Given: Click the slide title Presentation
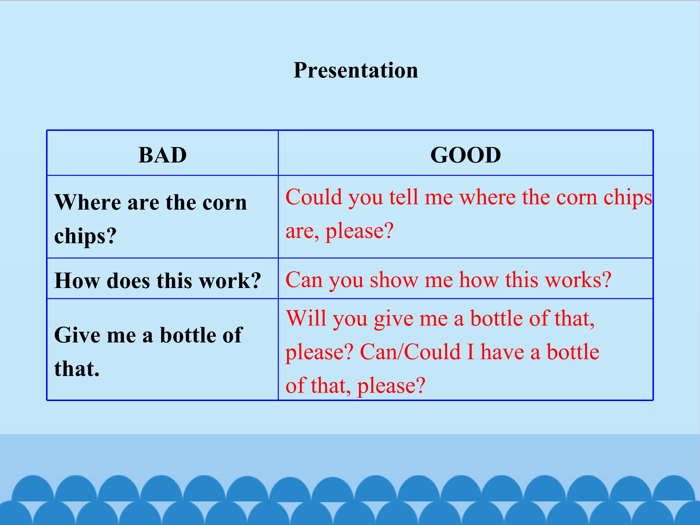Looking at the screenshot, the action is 356,70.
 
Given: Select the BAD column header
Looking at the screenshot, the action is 163,155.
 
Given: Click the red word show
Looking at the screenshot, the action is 394,280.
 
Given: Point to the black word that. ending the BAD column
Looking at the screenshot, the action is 77,369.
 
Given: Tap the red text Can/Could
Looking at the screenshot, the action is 410,352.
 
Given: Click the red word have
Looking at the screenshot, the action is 502,352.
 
